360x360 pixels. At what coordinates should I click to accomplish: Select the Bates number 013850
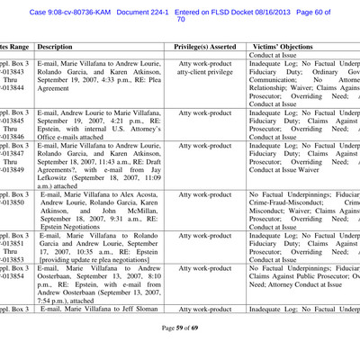coord(14,203)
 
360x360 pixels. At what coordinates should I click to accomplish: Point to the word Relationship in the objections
coord(277,92)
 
